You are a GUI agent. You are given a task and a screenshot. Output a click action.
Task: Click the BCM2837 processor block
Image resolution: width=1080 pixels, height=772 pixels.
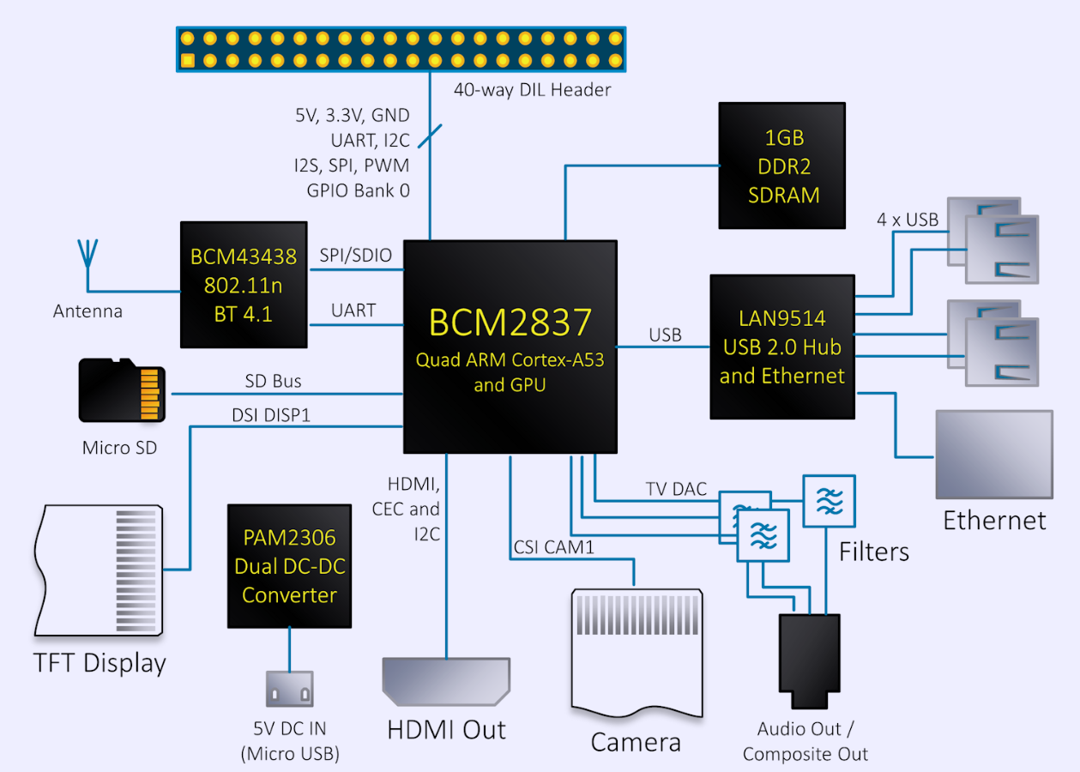[x=510, y=347]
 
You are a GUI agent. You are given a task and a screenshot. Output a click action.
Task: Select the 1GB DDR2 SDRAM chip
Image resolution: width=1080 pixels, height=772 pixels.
[x=781, y=166]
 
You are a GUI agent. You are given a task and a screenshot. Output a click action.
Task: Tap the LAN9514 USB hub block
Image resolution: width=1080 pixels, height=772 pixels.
[x=781, y=347]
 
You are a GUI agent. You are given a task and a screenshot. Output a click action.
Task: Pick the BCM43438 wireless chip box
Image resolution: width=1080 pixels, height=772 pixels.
[x=244, y=285]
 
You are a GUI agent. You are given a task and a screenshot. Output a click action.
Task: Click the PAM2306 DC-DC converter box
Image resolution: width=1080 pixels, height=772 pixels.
[x=289, y=565]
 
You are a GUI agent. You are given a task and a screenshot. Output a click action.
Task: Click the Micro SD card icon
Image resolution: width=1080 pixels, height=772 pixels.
[x=122, y=390]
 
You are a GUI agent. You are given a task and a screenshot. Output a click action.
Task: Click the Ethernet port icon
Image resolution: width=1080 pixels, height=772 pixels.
[x=994, y=454]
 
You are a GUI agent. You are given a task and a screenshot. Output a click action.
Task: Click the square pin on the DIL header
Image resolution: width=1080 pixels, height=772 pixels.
[x=188, y=61]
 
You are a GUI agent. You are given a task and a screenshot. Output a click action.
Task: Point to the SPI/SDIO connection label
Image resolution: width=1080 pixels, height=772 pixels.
[x=355, y=256]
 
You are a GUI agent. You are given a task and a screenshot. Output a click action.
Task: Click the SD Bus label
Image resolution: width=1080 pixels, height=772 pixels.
[x=273, y=380]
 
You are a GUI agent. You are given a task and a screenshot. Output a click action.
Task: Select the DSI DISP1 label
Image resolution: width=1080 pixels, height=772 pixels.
[x=271, y=415]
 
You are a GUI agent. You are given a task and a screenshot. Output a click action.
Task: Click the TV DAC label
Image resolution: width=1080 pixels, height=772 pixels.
[x=676, y=489]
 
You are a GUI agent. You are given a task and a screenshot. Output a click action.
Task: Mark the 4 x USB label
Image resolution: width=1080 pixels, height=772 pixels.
[x=907, y=219]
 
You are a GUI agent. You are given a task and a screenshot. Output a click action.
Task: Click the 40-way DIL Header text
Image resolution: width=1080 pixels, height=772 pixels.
[x=532, y=89]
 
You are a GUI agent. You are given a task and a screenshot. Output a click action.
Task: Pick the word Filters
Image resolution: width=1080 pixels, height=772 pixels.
[x=873, y=551]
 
